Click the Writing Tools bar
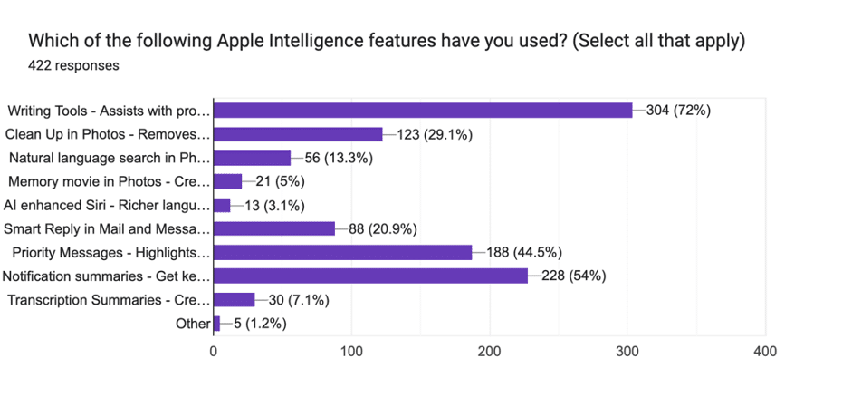coord(423,110)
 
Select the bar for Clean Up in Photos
coord(298,134)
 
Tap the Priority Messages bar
coord(343,252)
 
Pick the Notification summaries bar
coord(370,276)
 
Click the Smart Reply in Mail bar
coord(274,228)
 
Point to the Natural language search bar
coord(252,158)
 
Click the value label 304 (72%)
coord(678,111)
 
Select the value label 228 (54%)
coord(574,276)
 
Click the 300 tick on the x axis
coord(628,351)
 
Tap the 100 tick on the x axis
coord(352,351)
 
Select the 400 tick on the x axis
coord(766,351)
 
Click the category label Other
coord(193,324)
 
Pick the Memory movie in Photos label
coord(109,181)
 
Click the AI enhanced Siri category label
coord(107,205)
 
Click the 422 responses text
coord(74,65)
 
